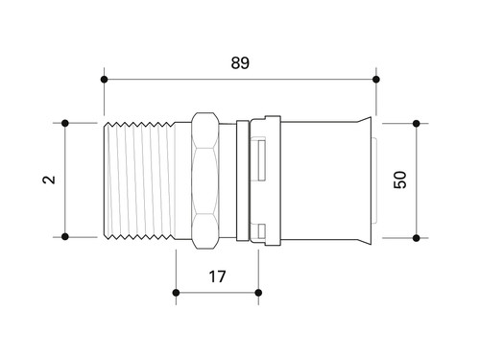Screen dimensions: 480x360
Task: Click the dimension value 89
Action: [x=240, y=62]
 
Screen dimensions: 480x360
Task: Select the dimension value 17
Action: [x=217, y=276]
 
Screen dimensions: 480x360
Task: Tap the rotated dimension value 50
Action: [x=399, y=180]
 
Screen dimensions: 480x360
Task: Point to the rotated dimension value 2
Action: [x=49, y=180]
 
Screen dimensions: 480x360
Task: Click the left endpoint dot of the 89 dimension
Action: [x=104, y=80]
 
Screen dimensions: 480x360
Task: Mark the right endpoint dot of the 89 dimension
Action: [x=376, y=80]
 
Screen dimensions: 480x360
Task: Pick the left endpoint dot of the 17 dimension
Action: [x=176, y=293]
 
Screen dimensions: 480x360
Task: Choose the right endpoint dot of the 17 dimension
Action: [x=258, y=293]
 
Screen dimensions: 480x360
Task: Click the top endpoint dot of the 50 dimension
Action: [x=417, y=123]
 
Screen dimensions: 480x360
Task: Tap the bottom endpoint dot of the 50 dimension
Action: [x=417, y=238]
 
